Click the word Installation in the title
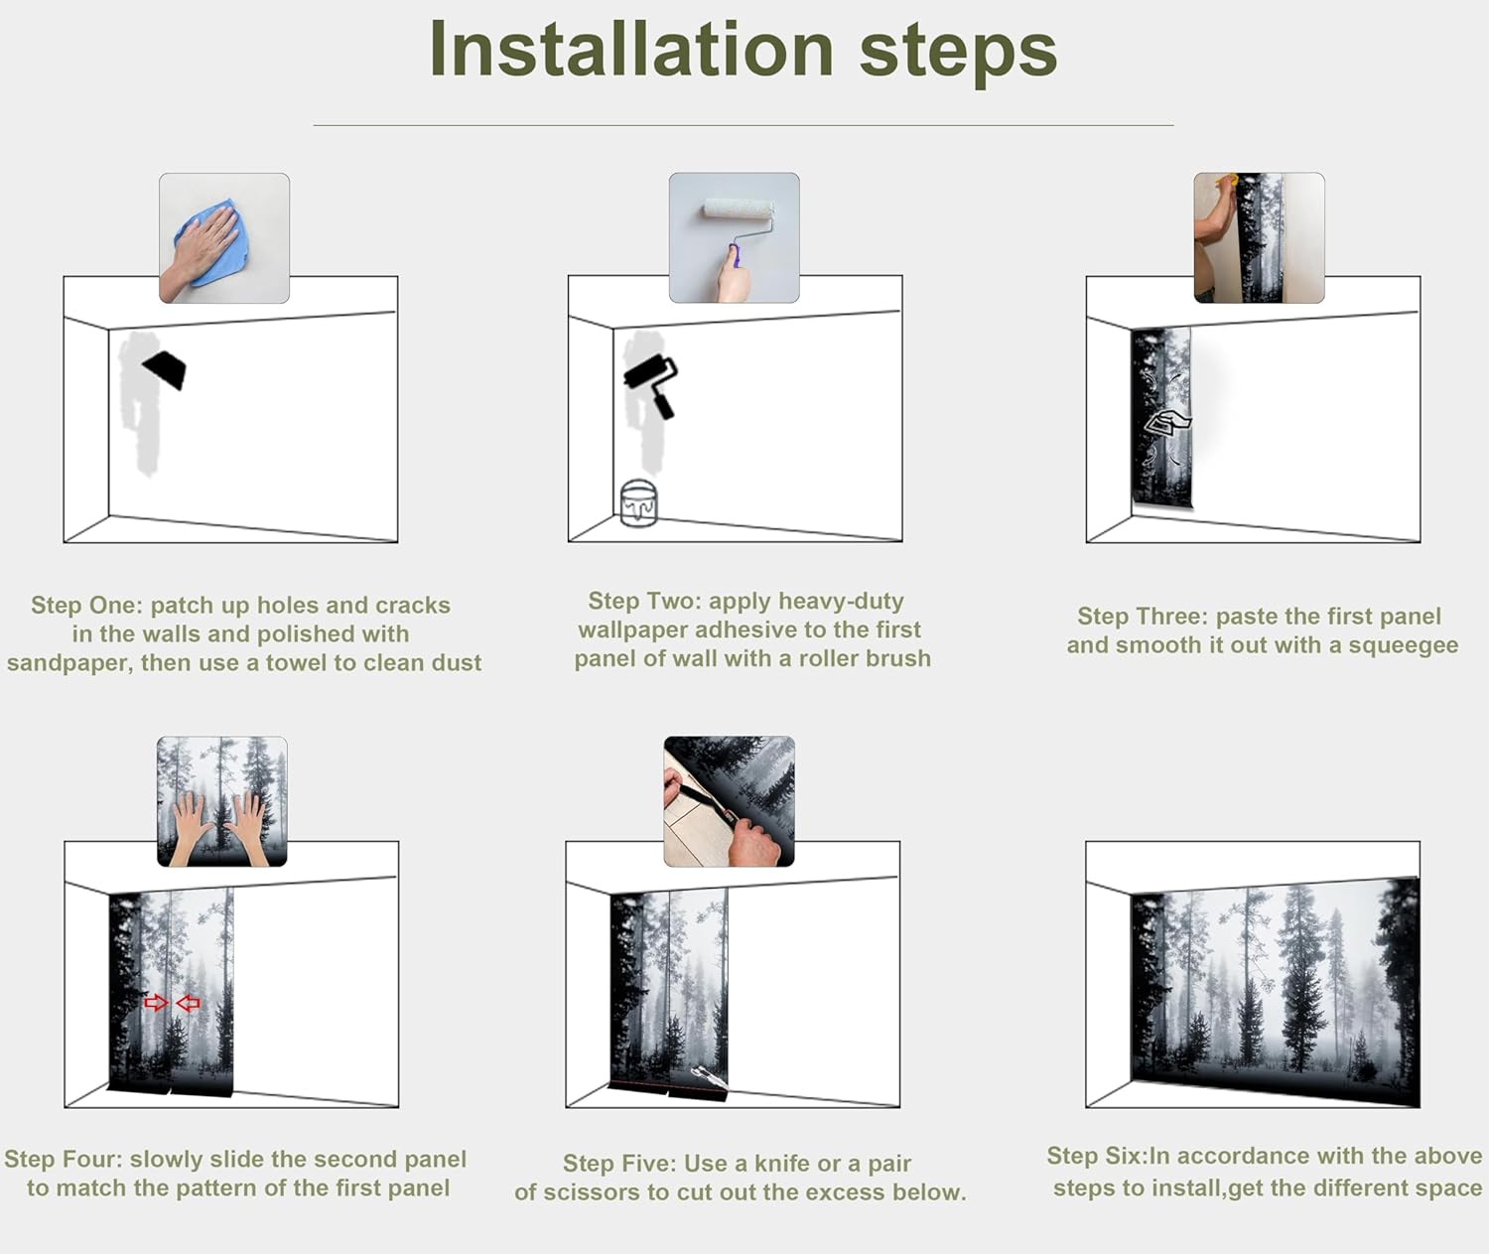tap(631, 49)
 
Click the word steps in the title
tap(959, 53)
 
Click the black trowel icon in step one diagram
tap(165, 368)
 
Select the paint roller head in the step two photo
tap(739, 209)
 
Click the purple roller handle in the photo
tap(735, 255)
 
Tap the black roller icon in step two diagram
tap(650, 385)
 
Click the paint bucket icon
tap(638, 502)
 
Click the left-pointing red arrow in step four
tap(188, 1003)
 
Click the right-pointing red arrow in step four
tap(156, 1003)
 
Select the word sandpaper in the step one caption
tap(69, 662)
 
